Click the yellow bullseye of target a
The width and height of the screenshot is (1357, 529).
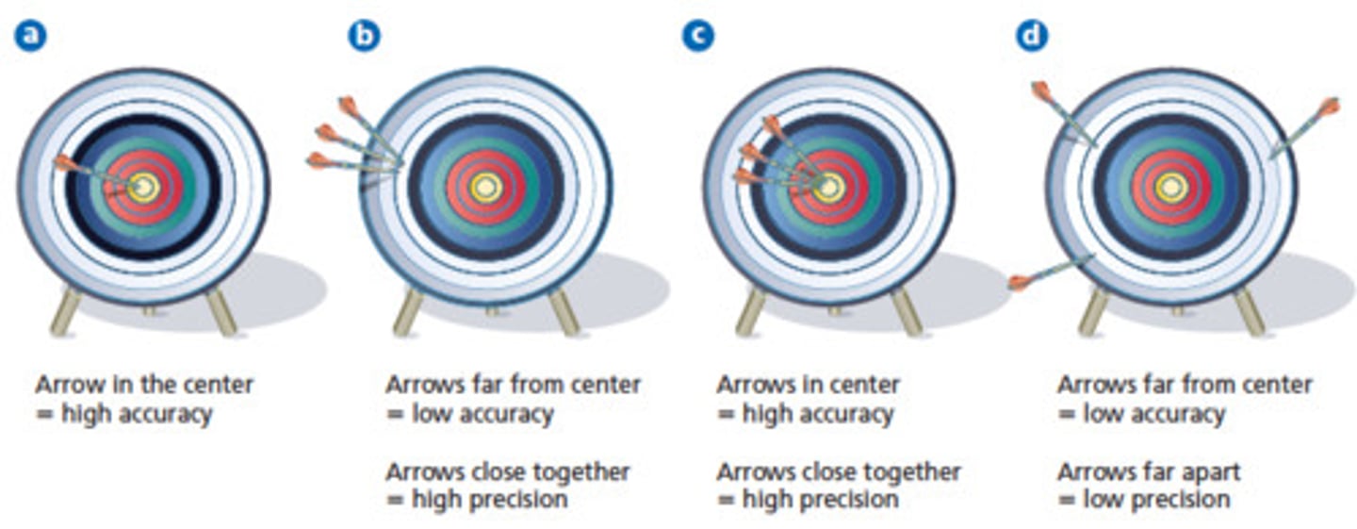pos(144,187)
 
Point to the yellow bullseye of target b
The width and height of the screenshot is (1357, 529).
pos(486,187)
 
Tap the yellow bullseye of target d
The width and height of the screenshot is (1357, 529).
pos(1171,187)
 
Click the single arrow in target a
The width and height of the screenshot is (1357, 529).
pos(94,172)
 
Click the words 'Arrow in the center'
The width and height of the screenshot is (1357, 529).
pos(144,385)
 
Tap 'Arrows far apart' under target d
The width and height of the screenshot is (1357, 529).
pos(1149,471)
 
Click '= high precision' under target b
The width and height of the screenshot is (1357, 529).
pos(477,499)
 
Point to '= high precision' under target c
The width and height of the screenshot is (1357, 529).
pos(808,499)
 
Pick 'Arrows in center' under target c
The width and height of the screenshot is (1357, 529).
pos(808,385)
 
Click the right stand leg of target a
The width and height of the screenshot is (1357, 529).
pos(221,311)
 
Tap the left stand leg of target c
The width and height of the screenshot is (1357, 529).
pos(751,311)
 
